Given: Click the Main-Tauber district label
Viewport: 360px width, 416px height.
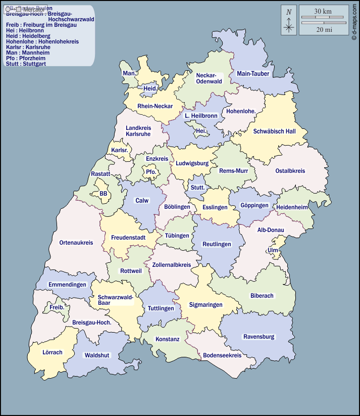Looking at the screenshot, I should click(x=253, y=74).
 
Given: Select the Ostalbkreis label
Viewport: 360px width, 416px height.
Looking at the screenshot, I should click(x=290, y=171).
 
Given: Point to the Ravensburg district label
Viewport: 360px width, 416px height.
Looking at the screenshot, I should click(x=259, y=337).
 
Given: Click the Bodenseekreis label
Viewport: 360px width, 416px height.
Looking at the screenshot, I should click(x=222, y=355).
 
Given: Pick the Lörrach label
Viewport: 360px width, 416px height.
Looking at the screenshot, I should click(x=53, y=352).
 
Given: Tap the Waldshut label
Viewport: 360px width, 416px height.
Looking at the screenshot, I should click(x=97, y=355).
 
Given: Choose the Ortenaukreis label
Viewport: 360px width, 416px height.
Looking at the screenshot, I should click(x=76, y=243).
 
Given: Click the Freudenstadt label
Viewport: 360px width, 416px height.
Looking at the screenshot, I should click(x=128, y=237).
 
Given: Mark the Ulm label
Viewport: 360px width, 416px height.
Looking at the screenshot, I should click(x=273, y=250).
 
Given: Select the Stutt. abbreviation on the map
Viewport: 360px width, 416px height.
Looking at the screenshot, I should click(x=197, y=188).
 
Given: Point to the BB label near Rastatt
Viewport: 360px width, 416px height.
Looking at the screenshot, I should click(x=104, y=194).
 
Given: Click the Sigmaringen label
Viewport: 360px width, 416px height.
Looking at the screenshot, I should click(x=205, y=305).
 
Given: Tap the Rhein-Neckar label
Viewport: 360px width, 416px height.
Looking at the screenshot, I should click(x=155, y=107).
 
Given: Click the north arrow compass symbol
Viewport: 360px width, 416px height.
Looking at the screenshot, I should click(x=289, y=20).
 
